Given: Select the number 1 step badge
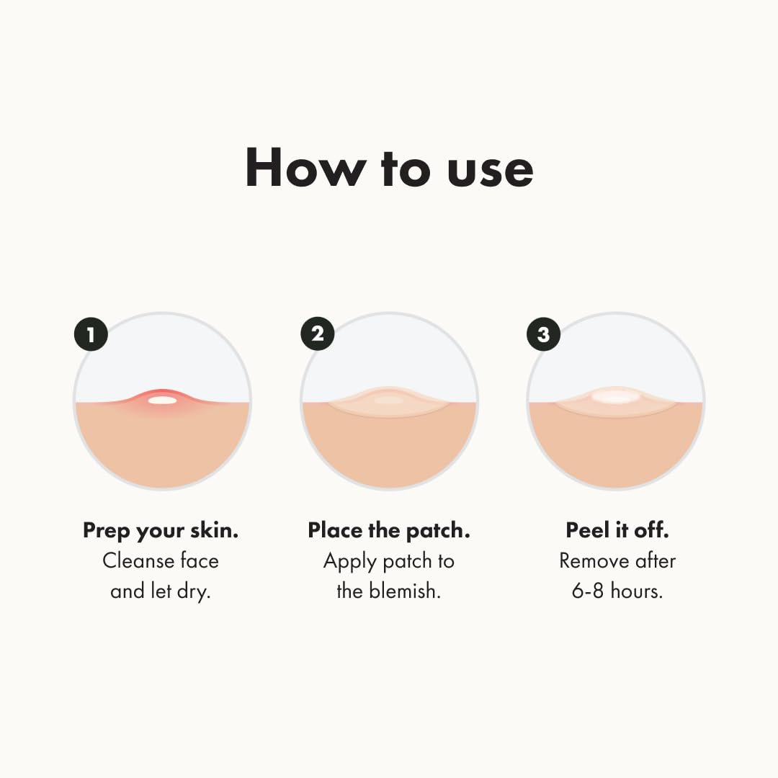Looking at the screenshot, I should click(x=91, y=334).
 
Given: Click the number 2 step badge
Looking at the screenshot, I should click(x=318, y=334).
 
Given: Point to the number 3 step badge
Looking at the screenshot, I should click(x=544, y=334).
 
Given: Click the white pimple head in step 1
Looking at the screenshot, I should click(x=163, y=400).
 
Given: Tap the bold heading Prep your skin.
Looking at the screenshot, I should click(x=161, y=532).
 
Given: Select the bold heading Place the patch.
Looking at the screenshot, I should click(x=389, y=531).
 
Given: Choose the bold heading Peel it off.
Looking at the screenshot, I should click(x=617, y=531).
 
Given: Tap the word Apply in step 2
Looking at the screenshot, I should click(x=349, y=562).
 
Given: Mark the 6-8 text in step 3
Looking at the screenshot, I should click(x=589, y=591).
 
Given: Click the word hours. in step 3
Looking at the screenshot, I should click(x=637, y=591).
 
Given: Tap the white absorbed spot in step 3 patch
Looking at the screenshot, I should click(x=614, y=396).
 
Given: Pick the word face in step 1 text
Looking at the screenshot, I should click(x=200, y=561).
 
